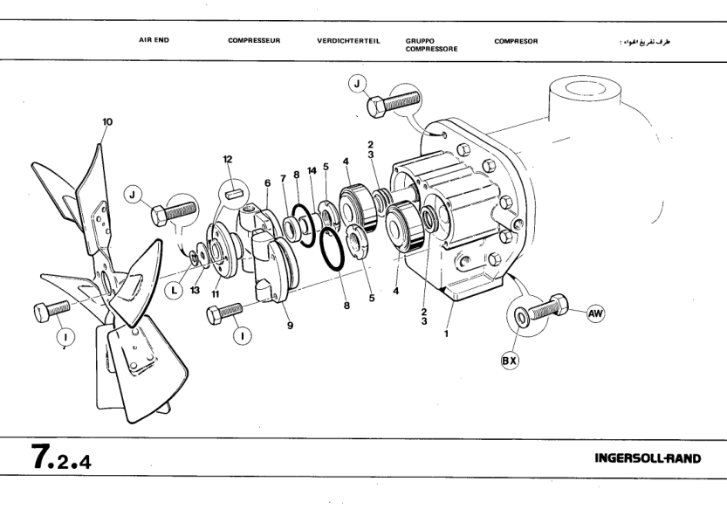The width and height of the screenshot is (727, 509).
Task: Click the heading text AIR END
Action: pos(154,41)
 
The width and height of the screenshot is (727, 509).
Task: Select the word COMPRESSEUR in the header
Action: pos(254,41)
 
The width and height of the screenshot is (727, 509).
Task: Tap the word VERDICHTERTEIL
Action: pos(348,41)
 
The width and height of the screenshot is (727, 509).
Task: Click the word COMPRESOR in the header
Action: pos(516,41)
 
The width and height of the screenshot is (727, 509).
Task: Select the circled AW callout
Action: pos(596,313)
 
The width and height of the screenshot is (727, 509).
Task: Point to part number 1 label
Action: pos(446,333)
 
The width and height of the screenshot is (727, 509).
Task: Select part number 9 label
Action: pos(289,325)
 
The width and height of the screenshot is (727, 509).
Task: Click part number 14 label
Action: pos(312,171)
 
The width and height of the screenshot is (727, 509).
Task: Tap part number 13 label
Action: pos(195,291)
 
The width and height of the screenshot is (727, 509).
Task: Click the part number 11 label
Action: pos(213,294)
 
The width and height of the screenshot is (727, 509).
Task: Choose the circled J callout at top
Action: pos(356,84)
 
